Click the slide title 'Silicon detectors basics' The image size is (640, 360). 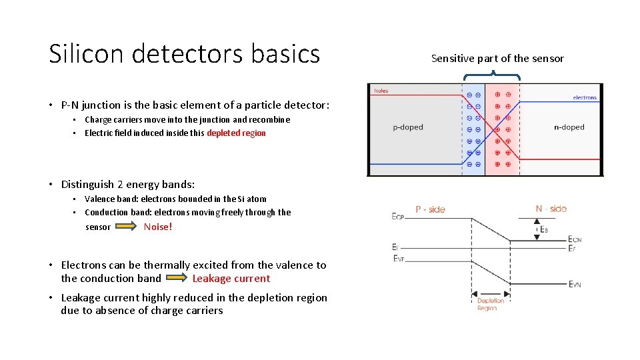pos(185,54)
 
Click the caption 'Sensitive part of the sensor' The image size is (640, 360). pos(497,59)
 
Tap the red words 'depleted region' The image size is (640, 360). pos(236,133)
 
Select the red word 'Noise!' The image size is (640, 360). pos(158,227)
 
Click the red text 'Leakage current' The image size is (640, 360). pos(231,279)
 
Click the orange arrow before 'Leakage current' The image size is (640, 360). pos(177,279)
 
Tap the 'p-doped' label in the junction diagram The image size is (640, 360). pos(407,127)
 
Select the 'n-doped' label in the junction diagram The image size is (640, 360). pos(569,127)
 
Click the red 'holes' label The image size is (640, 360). pos(381,91)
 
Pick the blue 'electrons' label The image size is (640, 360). pos(585,98)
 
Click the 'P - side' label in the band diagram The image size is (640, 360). pos(430,209)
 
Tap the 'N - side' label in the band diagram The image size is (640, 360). pos(551,209)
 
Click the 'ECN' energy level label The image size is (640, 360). pos(575,239)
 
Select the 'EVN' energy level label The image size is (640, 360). pos(575,284)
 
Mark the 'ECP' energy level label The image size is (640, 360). pos(398,216)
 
